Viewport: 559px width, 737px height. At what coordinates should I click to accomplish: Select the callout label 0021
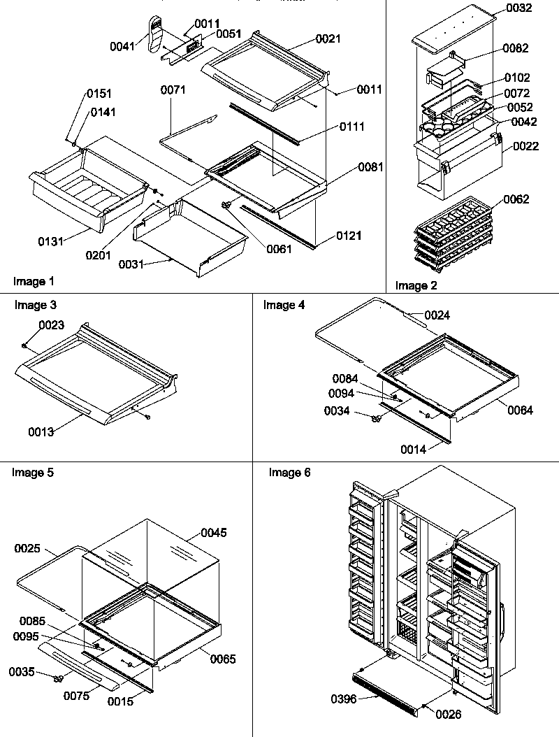click(x=328, y=39)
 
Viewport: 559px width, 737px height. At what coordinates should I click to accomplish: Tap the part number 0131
click(x=51, y=241)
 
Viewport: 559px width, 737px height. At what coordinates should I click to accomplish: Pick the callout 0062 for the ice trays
click(x=516, y=199)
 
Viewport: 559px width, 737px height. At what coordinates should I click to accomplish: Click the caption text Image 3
click(x=36, y=306)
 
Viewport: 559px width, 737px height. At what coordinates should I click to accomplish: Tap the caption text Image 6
click(x=290, y=473)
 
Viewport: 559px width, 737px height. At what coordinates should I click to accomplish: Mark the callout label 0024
click(x=437, y=315)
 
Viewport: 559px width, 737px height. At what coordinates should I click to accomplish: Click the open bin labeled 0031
click(x=190, y=238)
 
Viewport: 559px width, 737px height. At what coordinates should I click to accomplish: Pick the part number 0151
click(x=99, y=94)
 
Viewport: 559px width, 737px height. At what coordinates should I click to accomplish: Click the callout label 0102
click(x=517, y=78)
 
